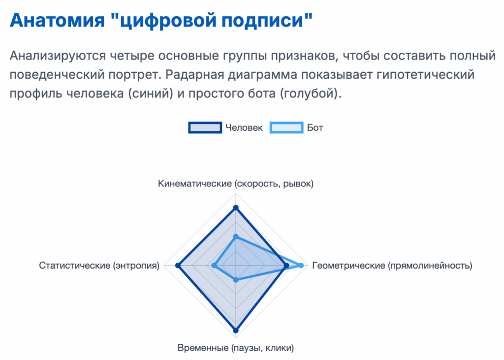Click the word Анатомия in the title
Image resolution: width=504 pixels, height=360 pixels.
(x=58, y=20)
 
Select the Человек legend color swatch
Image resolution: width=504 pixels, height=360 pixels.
(x=205, y=127)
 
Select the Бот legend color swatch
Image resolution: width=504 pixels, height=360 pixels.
(x=286, y=127)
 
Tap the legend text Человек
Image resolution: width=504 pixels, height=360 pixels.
(x=244, y=128)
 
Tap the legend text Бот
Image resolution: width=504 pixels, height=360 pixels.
(x=315, y=128)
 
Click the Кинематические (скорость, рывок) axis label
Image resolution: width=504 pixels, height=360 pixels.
(x=236, y=184)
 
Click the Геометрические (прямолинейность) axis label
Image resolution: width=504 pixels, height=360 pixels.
(x=392, y=266)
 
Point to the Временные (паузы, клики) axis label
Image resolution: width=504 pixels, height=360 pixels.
(x=236, y=348)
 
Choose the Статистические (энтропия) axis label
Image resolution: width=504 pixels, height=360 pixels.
(x=99, y=266)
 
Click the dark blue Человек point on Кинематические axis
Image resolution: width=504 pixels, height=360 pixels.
(x=236, y=208)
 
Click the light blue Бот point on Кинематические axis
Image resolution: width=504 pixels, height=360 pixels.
(x=236, y=237)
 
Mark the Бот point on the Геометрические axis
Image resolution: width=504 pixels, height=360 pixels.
(x=301, y=266)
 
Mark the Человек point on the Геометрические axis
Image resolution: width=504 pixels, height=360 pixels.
(x=286, y=266)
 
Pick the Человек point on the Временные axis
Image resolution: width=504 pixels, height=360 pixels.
(x=236, y=330)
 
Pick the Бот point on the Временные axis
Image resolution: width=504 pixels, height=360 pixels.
(x=236, y=280)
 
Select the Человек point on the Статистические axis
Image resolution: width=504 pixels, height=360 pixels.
(x=178, y=266)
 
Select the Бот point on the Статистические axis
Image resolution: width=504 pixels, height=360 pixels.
(x=214, y=266)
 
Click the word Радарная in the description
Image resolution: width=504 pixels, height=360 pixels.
(x=196, y=75)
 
